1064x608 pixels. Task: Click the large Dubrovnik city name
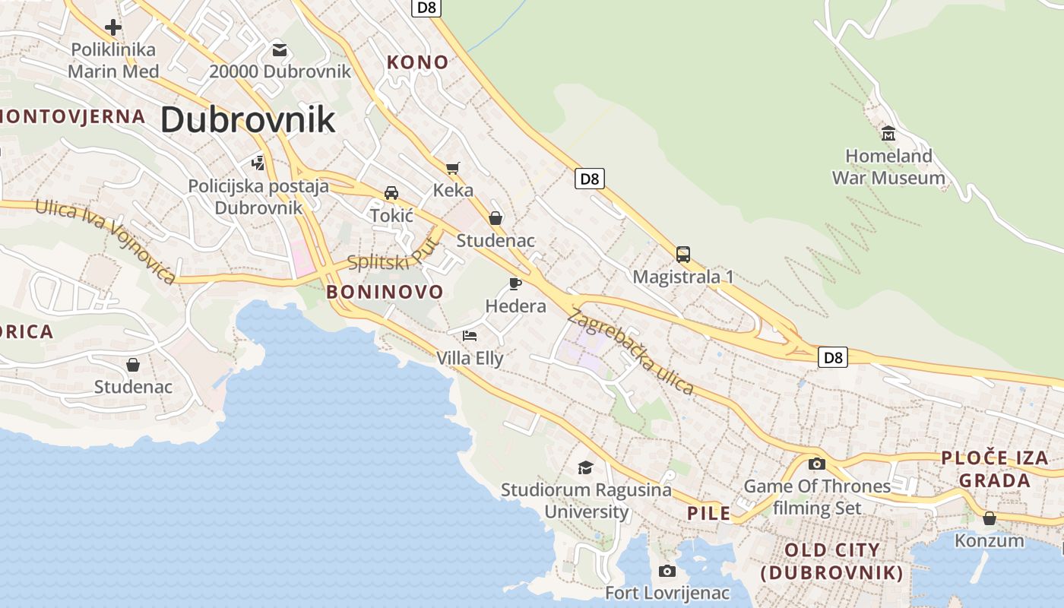[x=248, y=120]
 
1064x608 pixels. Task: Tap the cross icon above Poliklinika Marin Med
[x=113, y=28]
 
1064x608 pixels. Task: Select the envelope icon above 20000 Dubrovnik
[x=280, y=50]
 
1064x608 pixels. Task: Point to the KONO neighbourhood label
[x=418, y=62]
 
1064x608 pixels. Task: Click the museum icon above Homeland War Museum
[x=888, y=134]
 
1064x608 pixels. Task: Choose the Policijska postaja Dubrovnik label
[x=258, y=197]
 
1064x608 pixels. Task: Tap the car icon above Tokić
[x=391, y=193]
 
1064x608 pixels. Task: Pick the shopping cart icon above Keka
[x=453, y=168]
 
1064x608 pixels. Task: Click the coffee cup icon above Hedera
[x=515, y=284]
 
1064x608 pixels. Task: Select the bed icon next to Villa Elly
[x=470, y=335]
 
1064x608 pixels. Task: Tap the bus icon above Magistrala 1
[x=683, y=254]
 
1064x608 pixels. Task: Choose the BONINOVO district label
[x=385, y=292]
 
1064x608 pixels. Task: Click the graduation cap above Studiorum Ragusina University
[x=585, y=467]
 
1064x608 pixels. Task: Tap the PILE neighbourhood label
[x=708, y=514]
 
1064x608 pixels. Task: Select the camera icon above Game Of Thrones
[x=817, y=464]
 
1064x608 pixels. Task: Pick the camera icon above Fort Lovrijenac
[x=667, y=571]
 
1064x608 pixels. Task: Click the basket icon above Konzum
[x=990, y=518]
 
